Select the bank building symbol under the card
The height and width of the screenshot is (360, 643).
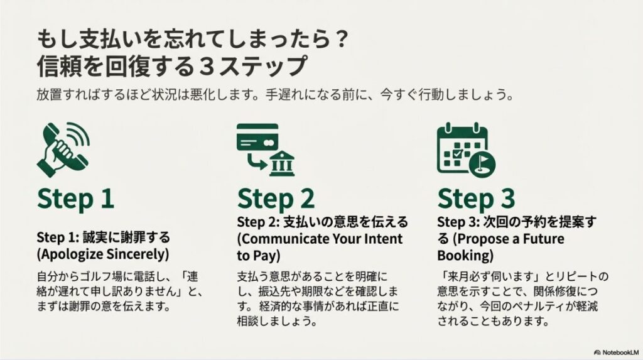coord(281,165)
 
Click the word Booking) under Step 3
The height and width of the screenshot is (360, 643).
coord(465,256)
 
